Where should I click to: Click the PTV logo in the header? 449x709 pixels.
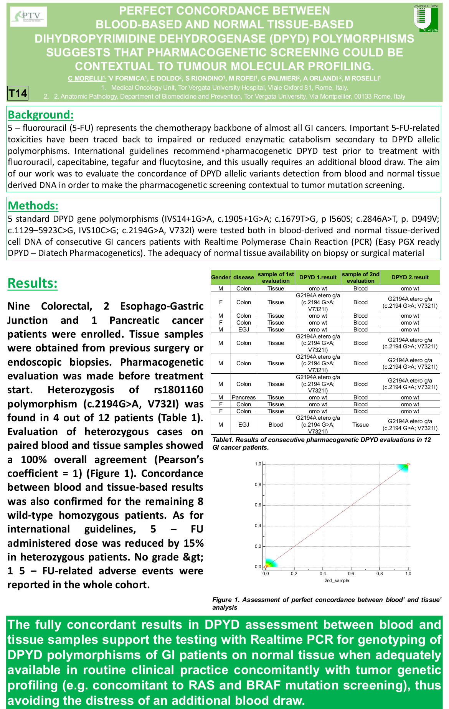(29, 16)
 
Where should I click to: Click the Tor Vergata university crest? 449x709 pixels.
(426, 18)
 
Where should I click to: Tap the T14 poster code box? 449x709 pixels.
(18, 93)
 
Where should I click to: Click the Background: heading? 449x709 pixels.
(41, 115)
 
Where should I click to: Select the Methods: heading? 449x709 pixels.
(33, 206)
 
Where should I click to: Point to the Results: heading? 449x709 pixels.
(33, 283)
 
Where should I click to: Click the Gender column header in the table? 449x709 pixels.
(221, 277)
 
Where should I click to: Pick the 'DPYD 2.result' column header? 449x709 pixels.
(410, 277)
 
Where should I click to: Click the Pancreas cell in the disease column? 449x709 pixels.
(244, 397)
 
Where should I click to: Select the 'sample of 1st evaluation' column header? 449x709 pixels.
(276, 277)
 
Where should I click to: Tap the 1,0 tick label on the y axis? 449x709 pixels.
(258, 464)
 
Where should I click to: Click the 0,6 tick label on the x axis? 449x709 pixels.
(351, 574)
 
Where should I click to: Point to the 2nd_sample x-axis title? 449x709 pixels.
(337, 580)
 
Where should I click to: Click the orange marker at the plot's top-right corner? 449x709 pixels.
(408, 464)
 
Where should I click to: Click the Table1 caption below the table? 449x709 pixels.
(322, 444)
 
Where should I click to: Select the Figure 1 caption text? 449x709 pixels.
(327, 603)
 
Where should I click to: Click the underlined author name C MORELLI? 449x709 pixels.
(87, 78)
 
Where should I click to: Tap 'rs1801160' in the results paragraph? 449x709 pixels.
(178, 390)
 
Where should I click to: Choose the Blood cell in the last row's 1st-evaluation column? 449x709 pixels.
(276, 425)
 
